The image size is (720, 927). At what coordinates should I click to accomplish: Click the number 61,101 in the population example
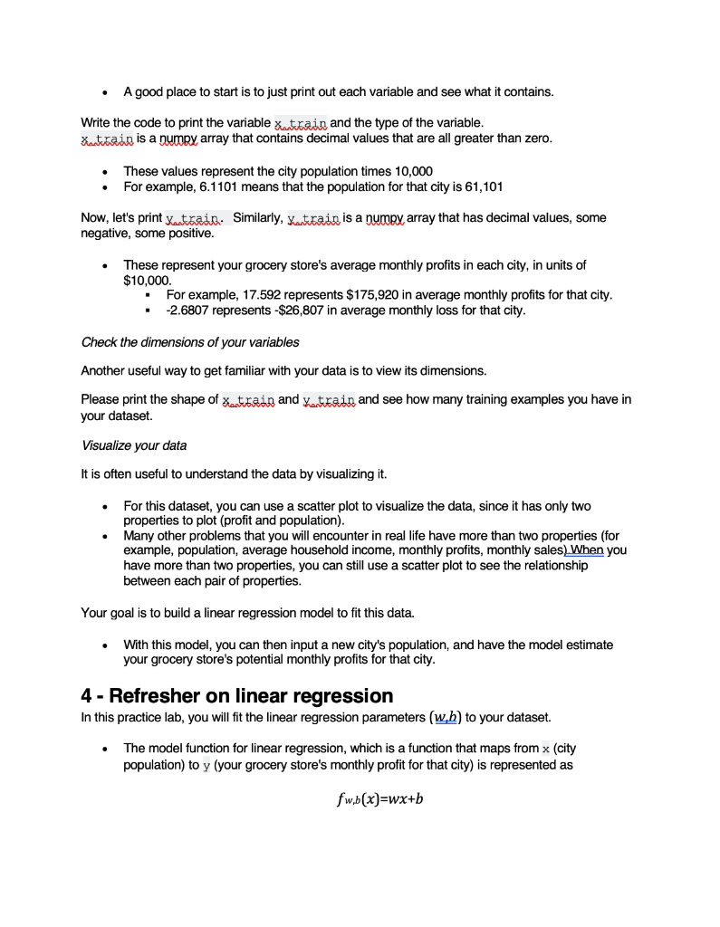tap(485, 186)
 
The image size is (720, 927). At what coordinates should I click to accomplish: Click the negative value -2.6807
tap(191, 311)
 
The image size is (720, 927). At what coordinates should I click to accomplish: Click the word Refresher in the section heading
tap(179, 695)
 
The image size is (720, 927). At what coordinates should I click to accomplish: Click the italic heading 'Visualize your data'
tap(134, 445)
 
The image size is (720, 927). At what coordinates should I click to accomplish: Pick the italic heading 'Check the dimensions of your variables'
tap(190, 342)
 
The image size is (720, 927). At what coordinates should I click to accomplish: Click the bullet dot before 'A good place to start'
tap(109, 92)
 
